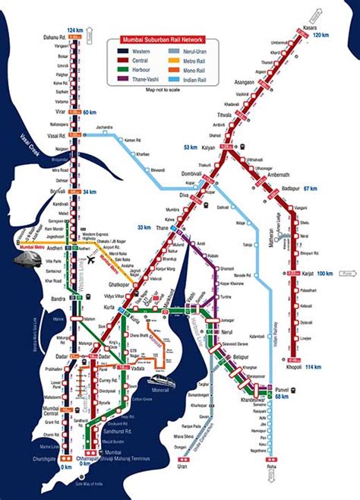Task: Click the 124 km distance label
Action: (x=75, y=30)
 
